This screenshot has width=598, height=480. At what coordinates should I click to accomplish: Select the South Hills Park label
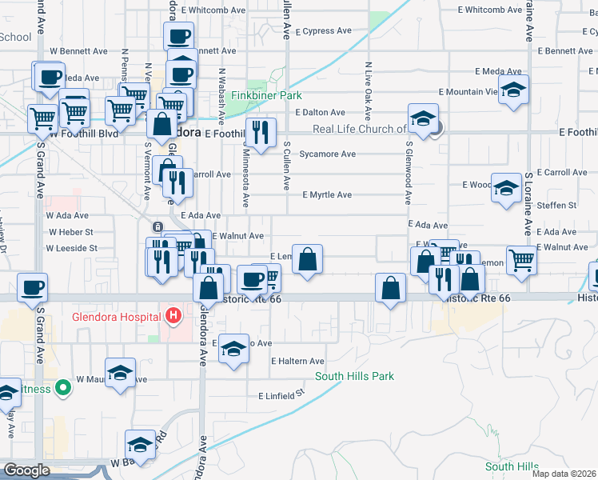pyautogui.click(x=354, y=376)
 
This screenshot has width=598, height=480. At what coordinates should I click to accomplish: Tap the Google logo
pyautogui.click(x=26, y=470)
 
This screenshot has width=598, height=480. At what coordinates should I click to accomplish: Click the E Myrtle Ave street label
pyautogui.click(x=326, y=195)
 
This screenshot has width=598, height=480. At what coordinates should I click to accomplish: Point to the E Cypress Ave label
pyautogui.click(x=323, y=31)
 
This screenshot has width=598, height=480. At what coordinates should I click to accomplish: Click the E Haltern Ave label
pyautogui.click(x=297, y=362)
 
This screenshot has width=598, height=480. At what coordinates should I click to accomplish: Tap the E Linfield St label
pyautogui.click(x=282, y=395)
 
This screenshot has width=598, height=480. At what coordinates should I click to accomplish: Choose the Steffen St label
pyautogui.click(x=557, y=206)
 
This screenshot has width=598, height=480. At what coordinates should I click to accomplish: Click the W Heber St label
pyautogui.click(x=70, y=232)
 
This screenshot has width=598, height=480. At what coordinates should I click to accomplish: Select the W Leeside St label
pyautogui.click(x=71, y=248)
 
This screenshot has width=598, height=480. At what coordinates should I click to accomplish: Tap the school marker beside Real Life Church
pyautogui.click(x=423, y=118)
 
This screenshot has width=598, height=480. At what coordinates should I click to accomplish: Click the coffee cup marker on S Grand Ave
pyautogui.click(x=32, y=288)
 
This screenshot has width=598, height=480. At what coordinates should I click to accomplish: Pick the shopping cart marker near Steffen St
pyautogui.click(x=520, y=259)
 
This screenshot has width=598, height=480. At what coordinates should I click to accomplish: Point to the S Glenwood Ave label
pyautogui.click(x=408, y=174)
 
